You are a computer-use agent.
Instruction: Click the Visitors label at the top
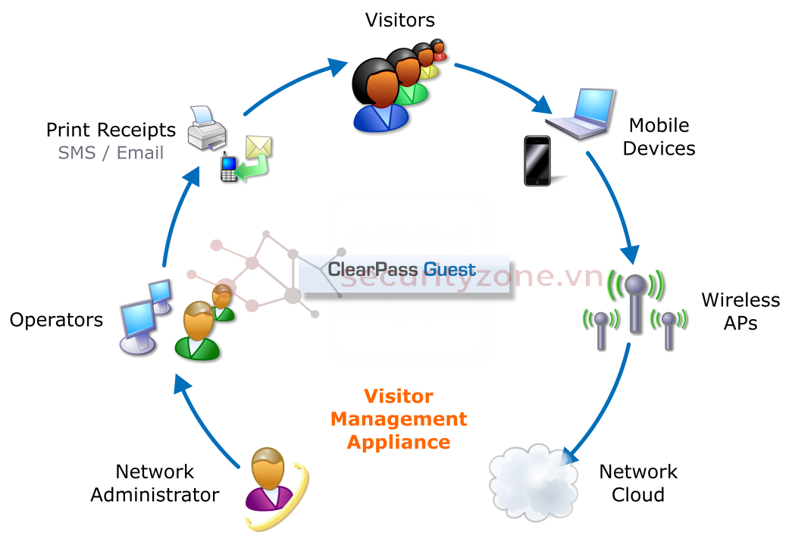pos(400,19)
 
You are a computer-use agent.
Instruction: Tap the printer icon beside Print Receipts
pos(206,130)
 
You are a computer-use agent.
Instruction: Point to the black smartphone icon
pos(537,161)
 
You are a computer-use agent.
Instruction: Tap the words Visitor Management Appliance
pos(399,419)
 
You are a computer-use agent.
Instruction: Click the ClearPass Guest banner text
pos(402,270)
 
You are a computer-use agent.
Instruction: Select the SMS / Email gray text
pos(111,152)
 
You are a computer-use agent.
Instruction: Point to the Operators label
pos(56,320)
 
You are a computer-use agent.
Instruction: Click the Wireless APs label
pos(740,312)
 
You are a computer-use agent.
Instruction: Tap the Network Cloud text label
pos(637,483)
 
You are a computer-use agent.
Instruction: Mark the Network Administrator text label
pos(155,483)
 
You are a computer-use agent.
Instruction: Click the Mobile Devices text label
pos(659,136)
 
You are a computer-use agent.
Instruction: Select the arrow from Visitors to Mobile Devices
pos(504,83)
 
